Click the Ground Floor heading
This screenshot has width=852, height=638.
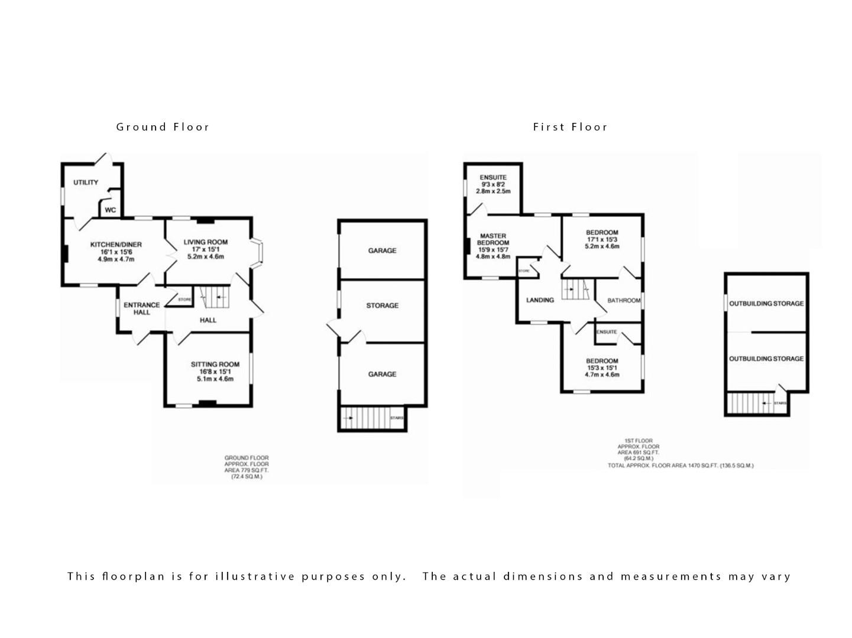(163, 127)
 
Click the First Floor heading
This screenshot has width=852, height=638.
(570, 127)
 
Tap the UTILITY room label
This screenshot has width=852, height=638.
(86, 183)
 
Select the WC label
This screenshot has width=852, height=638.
(110, 210)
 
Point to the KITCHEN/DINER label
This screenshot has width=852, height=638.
(116, 245)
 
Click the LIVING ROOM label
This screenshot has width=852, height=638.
(205, 242)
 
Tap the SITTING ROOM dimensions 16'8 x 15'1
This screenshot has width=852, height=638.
(215, 372)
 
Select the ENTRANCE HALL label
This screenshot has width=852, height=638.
(141, 308)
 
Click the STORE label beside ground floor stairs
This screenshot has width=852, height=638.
(184, 300)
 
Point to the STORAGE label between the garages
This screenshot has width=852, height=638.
(382, 305)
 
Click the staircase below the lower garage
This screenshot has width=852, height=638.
(372, 419)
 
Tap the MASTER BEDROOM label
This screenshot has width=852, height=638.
(493, 239)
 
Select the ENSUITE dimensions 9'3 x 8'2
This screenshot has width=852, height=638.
(493, 185)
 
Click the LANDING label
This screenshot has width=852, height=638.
(540, 300)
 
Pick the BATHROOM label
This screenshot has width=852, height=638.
(624, 301)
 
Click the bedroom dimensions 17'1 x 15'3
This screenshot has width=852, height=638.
(602, 240)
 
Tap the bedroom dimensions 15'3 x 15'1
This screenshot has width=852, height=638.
(602, 368)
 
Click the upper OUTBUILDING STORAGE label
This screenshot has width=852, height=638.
(766, 304)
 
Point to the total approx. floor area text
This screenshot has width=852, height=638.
(680, 466)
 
